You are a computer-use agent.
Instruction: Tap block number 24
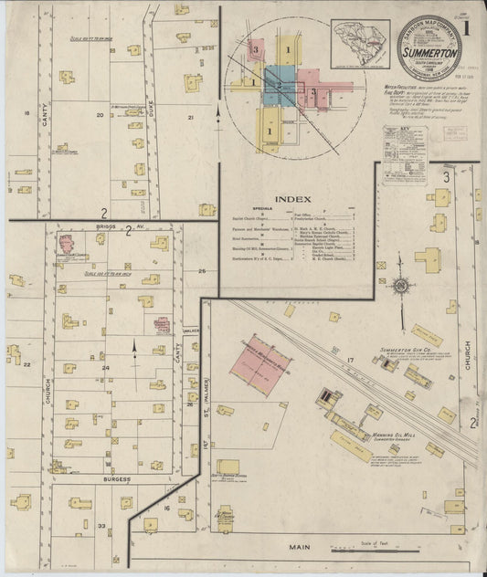pyautogui.click(x=106, y=368)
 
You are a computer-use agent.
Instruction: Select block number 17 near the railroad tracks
pyautogui.click(x=350, y=362)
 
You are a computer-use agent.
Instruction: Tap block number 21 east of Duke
pyautogui.click(x=191, y=119)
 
